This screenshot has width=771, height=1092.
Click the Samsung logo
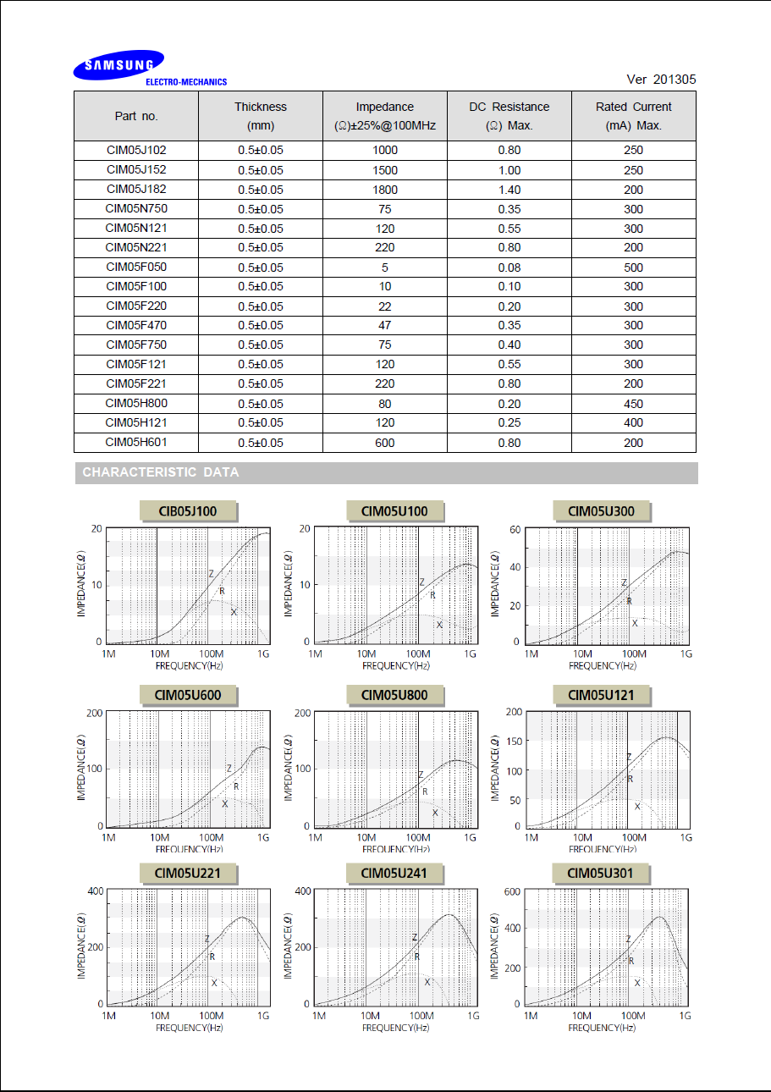coord(118,65)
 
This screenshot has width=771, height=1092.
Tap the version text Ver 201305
coord(661,80)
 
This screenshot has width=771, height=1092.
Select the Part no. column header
coord(136,116)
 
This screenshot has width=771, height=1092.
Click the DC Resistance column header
coord(509,116)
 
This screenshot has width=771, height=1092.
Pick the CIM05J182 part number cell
coord(136,190)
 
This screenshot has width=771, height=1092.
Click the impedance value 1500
coord(385,170)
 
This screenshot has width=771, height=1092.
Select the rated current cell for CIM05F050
coord(633,267)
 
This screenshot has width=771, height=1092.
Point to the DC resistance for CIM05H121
coord(509,422)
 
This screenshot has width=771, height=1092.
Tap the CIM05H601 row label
coord(136,442)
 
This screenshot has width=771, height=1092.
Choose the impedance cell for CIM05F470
coord(385,326)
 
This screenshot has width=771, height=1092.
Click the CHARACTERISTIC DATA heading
coord(161,472)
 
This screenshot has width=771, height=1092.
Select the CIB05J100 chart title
coord(188,511)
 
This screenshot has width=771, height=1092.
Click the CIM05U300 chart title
coord(601,511)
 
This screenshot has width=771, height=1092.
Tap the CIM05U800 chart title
coord(394,696)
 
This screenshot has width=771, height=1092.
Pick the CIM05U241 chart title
coord(394,874)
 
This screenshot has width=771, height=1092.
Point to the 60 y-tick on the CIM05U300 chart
coord(514,529)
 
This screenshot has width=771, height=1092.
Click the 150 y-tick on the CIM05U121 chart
coord(512,742)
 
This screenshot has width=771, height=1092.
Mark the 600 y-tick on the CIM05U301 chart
coord(510,891)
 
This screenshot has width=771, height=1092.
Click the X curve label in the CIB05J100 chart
coord(234,612)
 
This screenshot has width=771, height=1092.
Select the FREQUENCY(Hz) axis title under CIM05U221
coord(189,1027)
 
